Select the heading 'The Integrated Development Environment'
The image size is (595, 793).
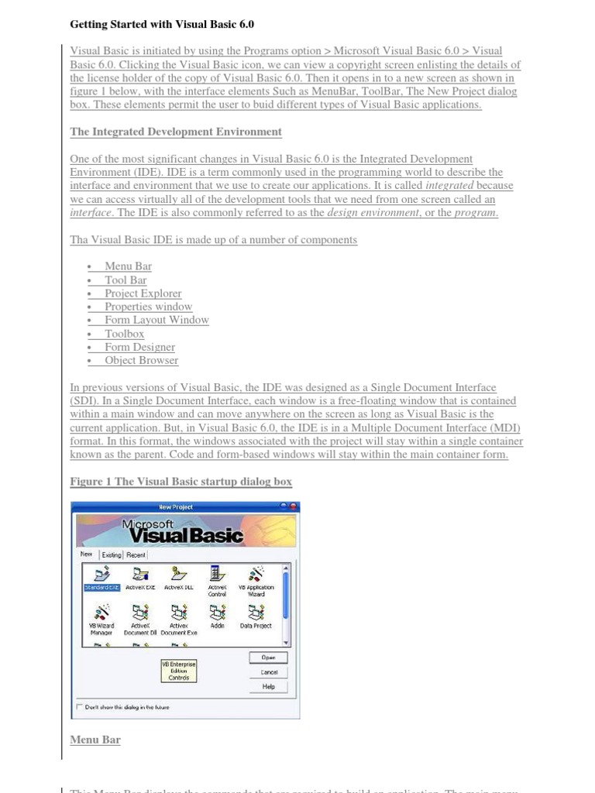tap(176, 132)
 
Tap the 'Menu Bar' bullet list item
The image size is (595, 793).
tap(128, 266)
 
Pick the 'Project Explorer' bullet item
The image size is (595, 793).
tap(143, 294)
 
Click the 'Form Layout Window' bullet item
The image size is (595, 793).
tap(156, 320)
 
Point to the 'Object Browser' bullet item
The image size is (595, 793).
tap(141, 360)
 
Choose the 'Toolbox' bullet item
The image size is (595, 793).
tap(124, 334)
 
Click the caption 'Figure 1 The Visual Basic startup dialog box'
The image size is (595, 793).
tap(181, 482)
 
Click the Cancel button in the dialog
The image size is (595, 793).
tap(268, 672)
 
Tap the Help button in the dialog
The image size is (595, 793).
tap(268, 686)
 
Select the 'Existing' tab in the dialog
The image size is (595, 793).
tap(112, 554)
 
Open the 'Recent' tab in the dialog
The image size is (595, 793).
tap(136, 554)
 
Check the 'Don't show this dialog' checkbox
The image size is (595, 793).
tap(79, 706)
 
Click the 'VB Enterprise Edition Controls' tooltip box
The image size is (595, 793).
tap(178, 671)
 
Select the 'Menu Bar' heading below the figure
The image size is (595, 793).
tap(95, 740)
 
